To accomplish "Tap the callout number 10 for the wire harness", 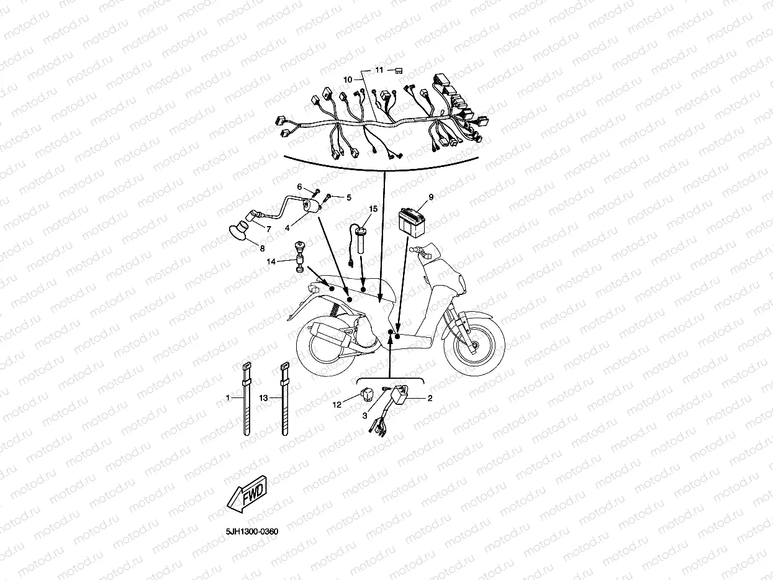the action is tap(348, 79).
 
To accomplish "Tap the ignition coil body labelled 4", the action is tap(310, 206).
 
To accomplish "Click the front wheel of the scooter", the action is tap(474, 343).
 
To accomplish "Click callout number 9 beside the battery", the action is tap(431, 197).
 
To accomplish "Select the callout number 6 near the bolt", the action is tap(299, 186).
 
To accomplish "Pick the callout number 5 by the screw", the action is tap(348, 197).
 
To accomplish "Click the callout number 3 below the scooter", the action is tap(365, 415).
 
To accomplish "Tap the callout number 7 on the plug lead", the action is tap(268, 229).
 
